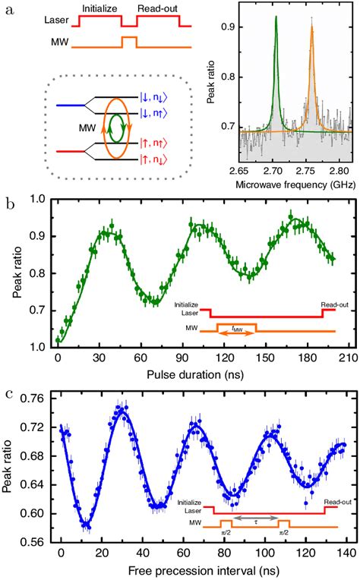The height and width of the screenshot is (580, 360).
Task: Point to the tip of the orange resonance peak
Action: (x=311, y=28)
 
